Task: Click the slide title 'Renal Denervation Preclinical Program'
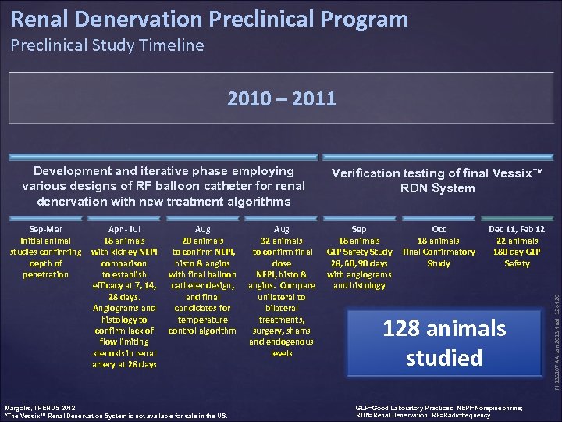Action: pos(209,19)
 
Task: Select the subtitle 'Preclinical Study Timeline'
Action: pos(107,45)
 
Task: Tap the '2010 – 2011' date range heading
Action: pos(281,98)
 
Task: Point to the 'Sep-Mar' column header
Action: pos(45,229)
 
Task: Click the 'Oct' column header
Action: pos(439,229)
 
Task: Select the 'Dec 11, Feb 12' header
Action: pos(517,229)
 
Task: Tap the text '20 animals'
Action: pos(202,241)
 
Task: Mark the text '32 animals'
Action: pos(282,241)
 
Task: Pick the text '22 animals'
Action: pos(517,241)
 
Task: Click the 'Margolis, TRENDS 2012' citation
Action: pos(41,407)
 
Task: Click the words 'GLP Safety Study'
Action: pos(359,252)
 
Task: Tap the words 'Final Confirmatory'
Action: pos(439,252)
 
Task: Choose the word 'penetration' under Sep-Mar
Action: pos(45,274)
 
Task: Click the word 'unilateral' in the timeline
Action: pos(282,297)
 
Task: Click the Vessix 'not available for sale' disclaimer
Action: pos(117,416)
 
